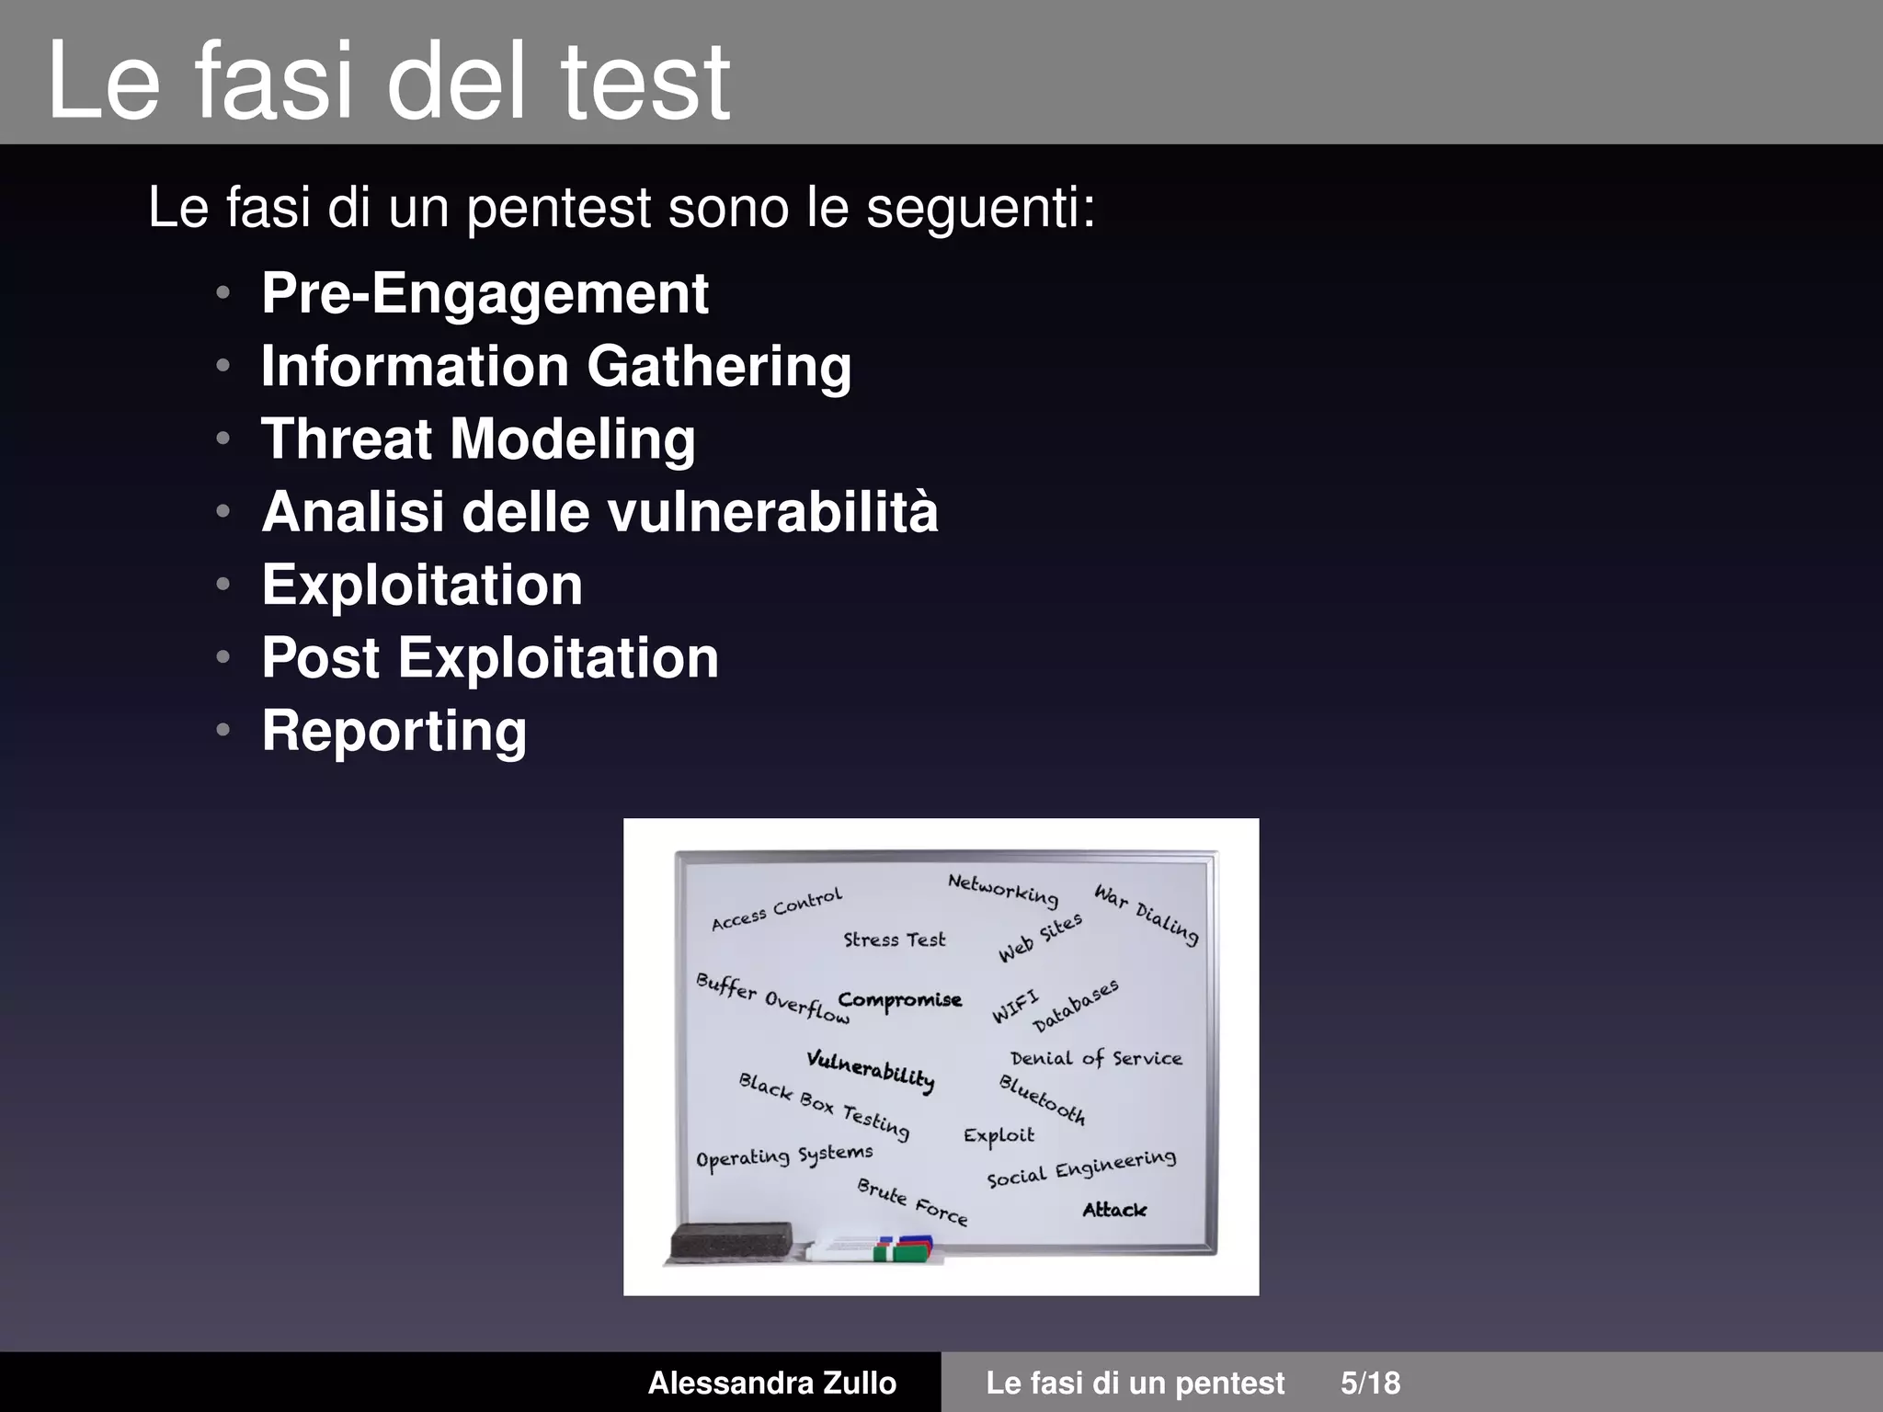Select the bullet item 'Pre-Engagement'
[x=485, y=293]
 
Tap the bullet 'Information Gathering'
[x=556, y=366]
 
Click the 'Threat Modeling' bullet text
[x=478, y=438]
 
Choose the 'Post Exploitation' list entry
[x=490, y=657]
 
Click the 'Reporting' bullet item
[x=394, y=731]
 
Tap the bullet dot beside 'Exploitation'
[x=223, y=585]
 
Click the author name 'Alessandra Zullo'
[x=771, y=1383]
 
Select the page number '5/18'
[x=1370, y=1383]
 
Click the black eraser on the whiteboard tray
[x=731, y=1241]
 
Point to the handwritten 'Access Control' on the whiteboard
[x=777, y=909]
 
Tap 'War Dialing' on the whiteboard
[x=1147, y=914]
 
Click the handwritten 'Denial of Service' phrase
[x=1096, y=1059]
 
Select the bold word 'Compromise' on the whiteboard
[x=899, y=1000]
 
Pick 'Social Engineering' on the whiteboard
[x=1081, y=1168]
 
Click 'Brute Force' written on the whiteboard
[x=912, y=1202]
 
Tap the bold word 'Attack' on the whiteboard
[x=1114, y=1210]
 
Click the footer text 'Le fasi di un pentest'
[x=1136, y=1383]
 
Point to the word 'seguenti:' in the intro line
[x=981, y=208]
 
